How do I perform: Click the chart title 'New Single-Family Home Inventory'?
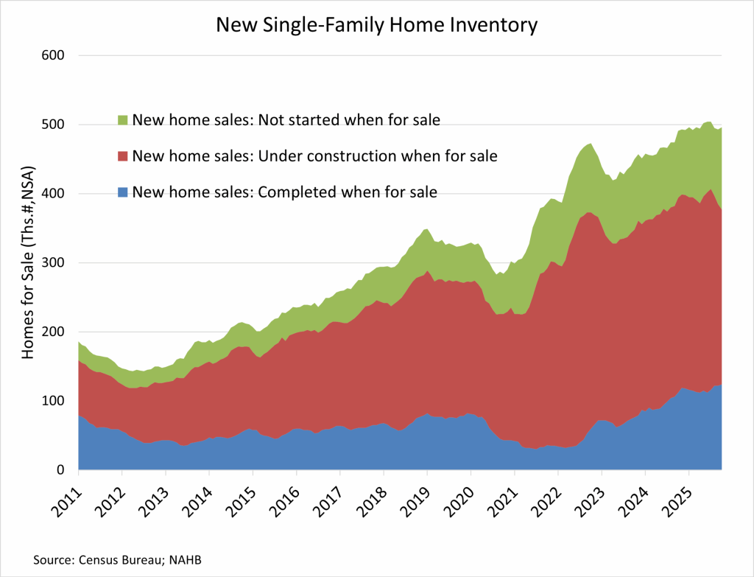tap(376, 25)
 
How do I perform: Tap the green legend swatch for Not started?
tap(123, 119)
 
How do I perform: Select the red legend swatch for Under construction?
tap(123, 156)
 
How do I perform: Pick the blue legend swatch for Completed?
tap(123, 193)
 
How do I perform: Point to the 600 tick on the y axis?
tap(54, 55)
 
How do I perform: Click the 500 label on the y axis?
tap(54, 125)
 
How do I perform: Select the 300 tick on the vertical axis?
tap(54, 263)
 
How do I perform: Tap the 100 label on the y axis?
tap(54, 401)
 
